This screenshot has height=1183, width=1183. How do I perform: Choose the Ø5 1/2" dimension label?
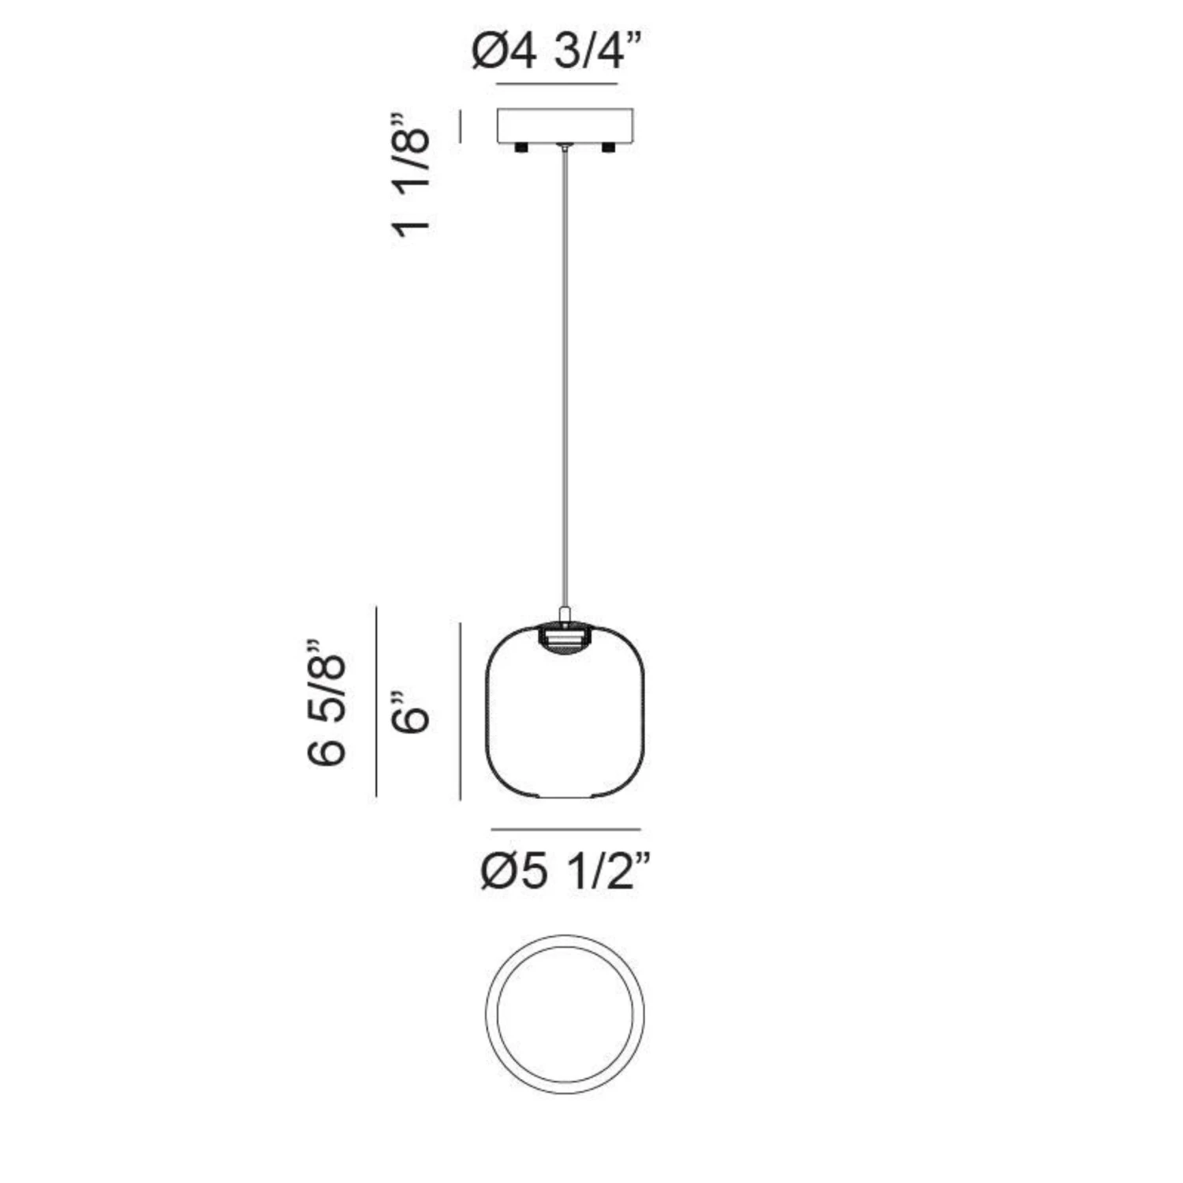(565, 872)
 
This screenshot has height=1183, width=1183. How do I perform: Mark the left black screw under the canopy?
(521, 148)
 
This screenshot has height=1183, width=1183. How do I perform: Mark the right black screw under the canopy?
(608, 148)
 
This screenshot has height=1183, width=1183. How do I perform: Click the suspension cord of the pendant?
(565, 379)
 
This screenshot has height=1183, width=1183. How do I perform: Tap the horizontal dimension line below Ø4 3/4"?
(557, 84)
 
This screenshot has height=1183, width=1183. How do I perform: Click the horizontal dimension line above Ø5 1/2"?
(565, 830)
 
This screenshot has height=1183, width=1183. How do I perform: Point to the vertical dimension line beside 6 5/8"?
(376, 701)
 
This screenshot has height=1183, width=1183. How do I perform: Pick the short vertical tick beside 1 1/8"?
(460, 126)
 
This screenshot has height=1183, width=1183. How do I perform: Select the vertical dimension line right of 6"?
(460, 711)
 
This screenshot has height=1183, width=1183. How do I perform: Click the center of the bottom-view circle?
(565, 1013)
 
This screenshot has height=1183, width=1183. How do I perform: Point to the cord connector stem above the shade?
(565, 614)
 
